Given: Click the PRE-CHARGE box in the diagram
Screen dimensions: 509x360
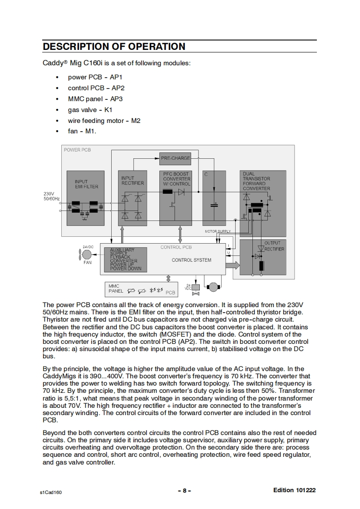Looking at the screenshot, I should [x=175, y=158].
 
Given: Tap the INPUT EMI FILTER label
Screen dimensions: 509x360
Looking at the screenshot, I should [x=86, y=184].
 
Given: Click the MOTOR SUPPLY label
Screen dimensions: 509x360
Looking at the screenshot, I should [x=218, y=231].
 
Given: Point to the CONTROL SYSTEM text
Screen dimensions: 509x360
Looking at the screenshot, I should [x=191, y=260].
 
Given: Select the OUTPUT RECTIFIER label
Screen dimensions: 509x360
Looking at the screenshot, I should [x=274, y=246].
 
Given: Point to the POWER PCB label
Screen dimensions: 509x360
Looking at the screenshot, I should [x=77, y=150].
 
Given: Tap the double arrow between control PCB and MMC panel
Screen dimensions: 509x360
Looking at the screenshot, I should [x=168, y=278].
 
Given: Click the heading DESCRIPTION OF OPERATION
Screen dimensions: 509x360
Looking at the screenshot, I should [x=113, y=46].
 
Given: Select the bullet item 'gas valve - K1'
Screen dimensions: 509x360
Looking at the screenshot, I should [x=90, y=110].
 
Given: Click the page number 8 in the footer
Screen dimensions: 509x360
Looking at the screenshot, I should [x=184, y=490].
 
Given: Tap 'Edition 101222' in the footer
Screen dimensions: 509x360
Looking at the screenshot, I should [x=294, y=490].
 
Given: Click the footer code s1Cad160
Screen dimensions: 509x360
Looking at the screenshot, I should [x=51, y=491].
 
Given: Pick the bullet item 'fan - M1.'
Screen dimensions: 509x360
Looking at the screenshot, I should [x=82, y=132].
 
